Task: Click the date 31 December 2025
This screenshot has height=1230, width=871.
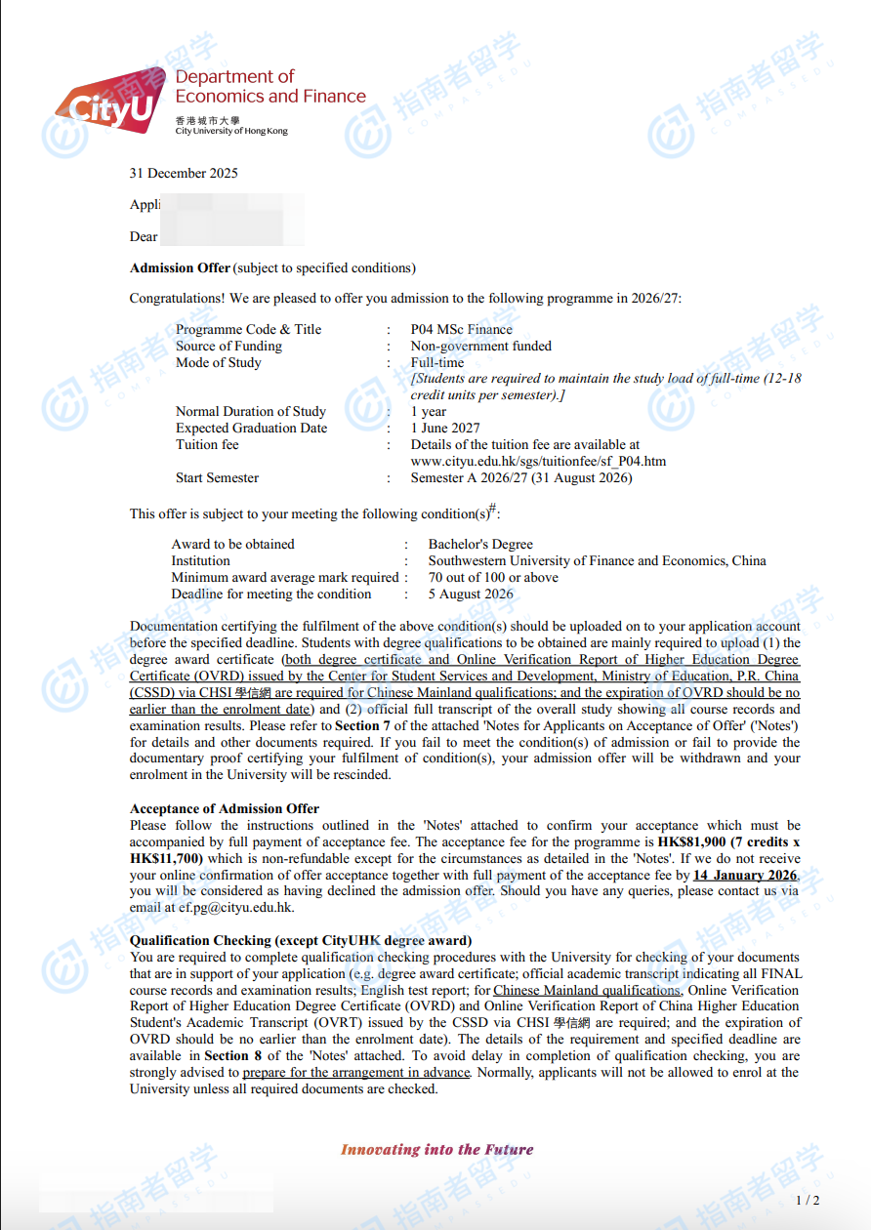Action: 184,174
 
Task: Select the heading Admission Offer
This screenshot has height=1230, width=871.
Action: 181,268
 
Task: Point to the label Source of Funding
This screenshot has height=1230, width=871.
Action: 228,347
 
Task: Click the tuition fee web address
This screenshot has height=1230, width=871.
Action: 538,461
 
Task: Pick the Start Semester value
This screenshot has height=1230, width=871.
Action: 520,478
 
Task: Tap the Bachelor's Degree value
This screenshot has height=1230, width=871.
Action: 480,545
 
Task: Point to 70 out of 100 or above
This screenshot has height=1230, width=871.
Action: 493,578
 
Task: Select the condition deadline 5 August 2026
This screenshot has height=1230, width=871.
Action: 471,594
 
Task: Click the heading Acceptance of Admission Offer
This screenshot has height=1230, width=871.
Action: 225,809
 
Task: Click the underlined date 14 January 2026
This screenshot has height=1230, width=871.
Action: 744,876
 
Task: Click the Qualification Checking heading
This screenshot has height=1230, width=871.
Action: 301,941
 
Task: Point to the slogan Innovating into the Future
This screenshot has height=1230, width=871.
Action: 436,1150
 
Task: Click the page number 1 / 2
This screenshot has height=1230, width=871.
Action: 808,1201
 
